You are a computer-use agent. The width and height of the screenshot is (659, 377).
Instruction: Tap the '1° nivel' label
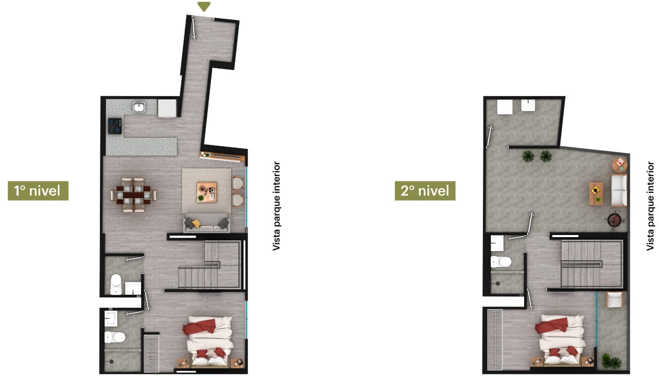click(38, 191)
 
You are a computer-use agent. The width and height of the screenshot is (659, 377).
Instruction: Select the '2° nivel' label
click(425, 191)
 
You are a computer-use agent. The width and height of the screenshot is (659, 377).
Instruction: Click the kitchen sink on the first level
click(139, 106)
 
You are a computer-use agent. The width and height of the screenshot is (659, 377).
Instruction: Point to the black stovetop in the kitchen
click(115, 126)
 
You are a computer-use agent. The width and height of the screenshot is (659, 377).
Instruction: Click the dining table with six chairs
click(133, 195)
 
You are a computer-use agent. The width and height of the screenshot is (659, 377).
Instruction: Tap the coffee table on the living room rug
click(207, 192)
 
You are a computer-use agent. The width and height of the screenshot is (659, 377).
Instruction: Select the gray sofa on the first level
click(207, 223)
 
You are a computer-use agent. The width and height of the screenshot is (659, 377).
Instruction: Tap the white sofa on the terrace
click(619, 190)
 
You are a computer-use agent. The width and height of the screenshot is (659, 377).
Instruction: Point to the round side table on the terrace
click(620, 165)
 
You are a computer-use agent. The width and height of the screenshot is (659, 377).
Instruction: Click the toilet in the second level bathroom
click(501, 261)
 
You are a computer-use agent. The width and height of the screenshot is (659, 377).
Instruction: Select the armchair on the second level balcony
click(615, 300)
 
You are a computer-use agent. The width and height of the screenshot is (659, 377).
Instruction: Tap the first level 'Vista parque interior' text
click(276, 206)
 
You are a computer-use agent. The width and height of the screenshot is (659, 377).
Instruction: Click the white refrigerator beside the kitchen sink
click(167, 109)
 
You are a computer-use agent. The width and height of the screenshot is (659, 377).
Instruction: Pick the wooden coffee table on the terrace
click(596, 193)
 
